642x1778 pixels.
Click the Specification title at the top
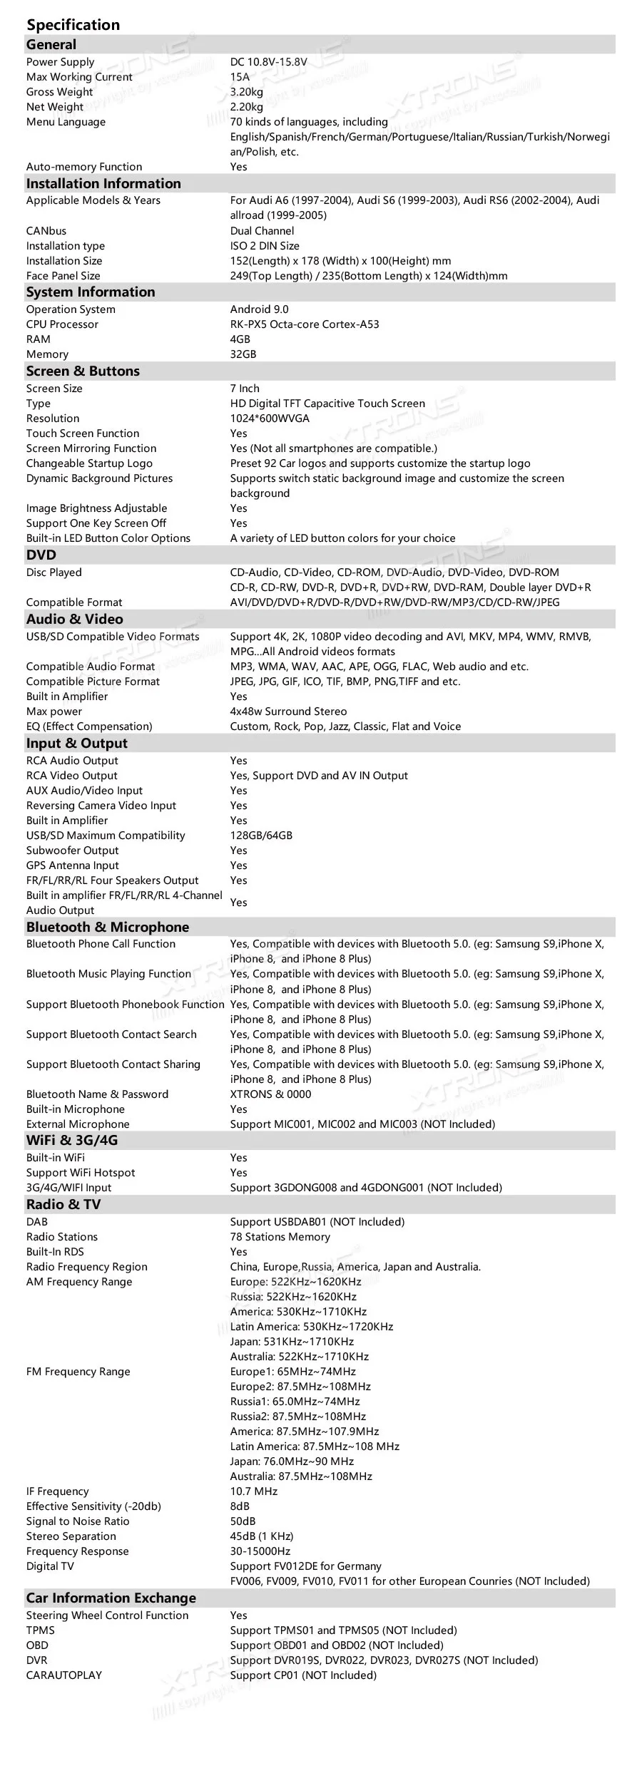[x=73, y=25]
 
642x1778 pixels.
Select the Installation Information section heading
[x=103, y=184]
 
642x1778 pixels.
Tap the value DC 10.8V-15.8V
[x=268, y=62]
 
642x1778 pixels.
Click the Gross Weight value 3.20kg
[x=246, y=92]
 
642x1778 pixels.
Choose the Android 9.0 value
[x=259, y=309]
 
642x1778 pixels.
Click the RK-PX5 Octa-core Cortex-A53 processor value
[x=305, y=324]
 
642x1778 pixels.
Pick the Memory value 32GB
[x=243, y=354]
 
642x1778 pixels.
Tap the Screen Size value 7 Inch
[x=245, y=389]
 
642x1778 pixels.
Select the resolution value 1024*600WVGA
[x=270, y=418]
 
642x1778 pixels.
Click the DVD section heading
[x=41, y=555]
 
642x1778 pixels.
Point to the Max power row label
[x=54, y=711]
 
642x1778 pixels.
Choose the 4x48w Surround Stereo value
[x=288, y=711]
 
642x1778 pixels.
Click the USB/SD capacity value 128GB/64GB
[x=261, y=836]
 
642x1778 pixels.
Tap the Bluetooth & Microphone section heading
[x=108, y=927]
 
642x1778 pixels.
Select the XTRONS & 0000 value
[x=270, y=1094]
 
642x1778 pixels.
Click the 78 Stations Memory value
[x=280, y=1237]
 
